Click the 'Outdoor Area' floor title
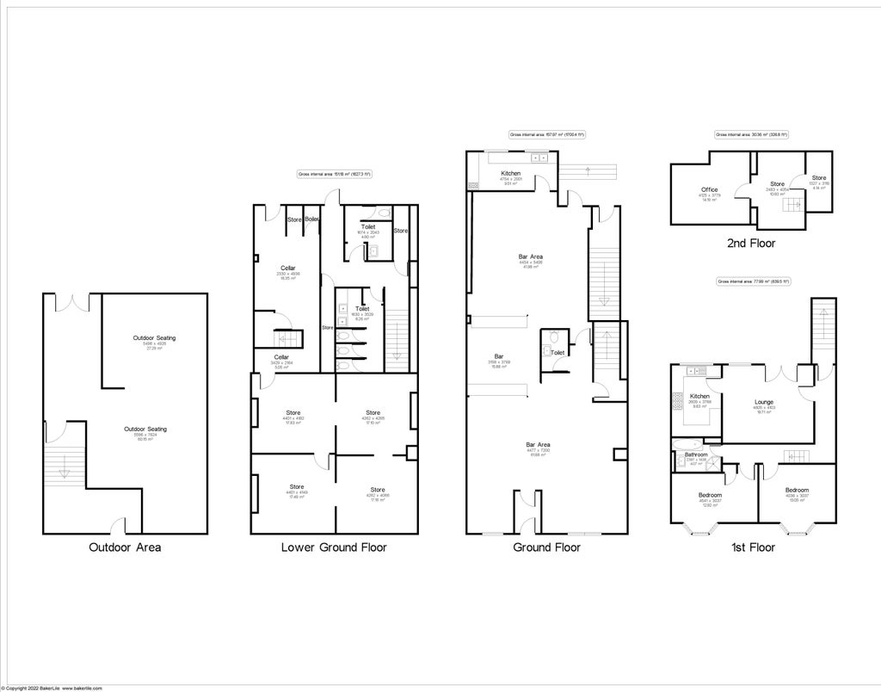pyautogui.click(x=125, y=547)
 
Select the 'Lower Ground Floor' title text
pyautogui.click(x=334, y=547)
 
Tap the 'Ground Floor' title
pyautogui.click(x=546, y=547)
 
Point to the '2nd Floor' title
pyautogui.click(x=751, y=244)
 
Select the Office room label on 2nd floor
pyautogui.click(x=710, y=189)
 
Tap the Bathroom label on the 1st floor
pyautogui.click(x=696, y=454)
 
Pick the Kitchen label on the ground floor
pyautogui.click(x=511, y=173)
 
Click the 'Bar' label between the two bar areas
pyautogui.click(x=498, y=355)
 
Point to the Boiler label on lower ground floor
pyautogui.click(x=312, y=219)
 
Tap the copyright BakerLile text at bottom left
pyautogui.click(x=52, y=688)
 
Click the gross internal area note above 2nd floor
pyautogui.click(x=751, y=134)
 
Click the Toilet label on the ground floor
pyautogui.click(x=558, y=353)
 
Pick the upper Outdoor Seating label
pyautogui.click(x=154, y=337)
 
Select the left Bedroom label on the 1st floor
pyautogui.click(x=710, y=496)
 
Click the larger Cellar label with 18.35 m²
pyautogui.click(x=288, y=269)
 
